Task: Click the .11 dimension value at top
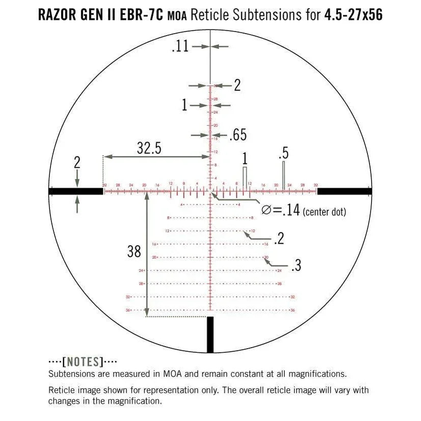[180, 46]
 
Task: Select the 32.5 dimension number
[149, 148]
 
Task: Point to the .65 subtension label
[238, 135]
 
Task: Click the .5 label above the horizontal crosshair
[284, 153]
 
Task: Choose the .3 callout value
[296, 266]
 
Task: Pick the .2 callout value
[278, 239]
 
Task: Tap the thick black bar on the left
[76, 191]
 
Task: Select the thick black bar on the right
[345, 191]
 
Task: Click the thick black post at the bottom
[210, 334]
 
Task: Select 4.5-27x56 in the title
[353, 15]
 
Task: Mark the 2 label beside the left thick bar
[77, 163]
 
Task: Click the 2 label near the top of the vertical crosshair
[237, 85]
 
